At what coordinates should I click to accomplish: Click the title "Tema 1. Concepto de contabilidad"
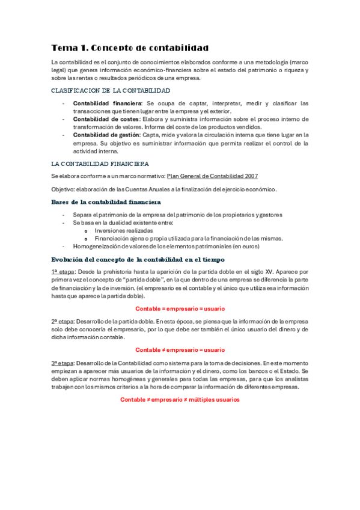click(x=130, y=48)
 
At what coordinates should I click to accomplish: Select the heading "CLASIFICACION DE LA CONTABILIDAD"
click(x=111, y=91)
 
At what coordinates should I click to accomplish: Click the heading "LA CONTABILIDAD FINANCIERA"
click(x=100, y=164)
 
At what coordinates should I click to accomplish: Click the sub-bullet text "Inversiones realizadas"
click(x=124, y=230)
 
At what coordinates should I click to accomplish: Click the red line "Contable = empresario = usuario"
click(x=180, y=308)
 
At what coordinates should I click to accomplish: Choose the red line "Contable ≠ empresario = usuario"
click(x=180, y=349)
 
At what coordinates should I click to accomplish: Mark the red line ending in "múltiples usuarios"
click(x=180, y=399)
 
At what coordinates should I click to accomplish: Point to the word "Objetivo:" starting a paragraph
click(x=63, y=189)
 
